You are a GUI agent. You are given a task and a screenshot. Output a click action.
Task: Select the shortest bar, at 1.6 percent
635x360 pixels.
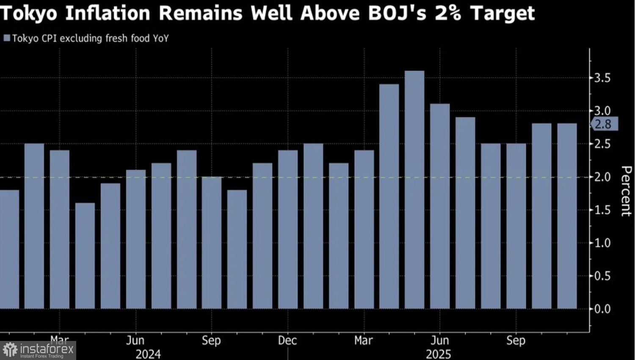(85, 256)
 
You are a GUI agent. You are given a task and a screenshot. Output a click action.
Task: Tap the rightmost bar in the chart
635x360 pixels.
(567, 216)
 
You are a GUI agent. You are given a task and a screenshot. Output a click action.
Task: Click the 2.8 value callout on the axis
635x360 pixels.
(604, 124)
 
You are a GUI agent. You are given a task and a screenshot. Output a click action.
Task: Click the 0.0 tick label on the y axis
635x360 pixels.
(602, 309)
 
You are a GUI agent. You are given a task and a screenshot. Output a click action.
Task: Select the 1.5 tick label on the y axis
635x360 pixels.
(602, 210)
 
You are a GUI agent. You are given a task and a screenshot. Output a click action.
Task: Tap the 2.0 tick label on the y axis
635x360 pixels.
(602, 177)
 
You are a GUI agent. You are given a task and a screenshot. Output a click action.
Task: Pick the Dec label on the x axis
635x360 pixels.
(287, 341)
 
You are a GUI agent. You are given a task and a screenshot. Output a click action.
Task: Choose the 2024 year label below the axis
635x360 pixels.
(148, 354)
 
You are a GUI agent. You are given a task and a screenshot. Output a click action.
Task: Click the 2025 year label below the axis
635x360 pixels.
(439, 354)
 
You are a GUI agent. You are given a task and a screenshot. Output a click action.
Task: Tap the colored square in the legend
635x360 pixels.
(6, 39)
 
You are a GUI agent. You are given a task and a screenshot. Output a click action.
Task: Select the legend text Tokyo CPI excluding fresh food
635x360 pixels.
(90, 39)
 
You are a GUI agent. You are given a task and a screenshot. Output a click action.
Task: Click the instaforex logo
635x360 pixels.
(38, 350)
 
